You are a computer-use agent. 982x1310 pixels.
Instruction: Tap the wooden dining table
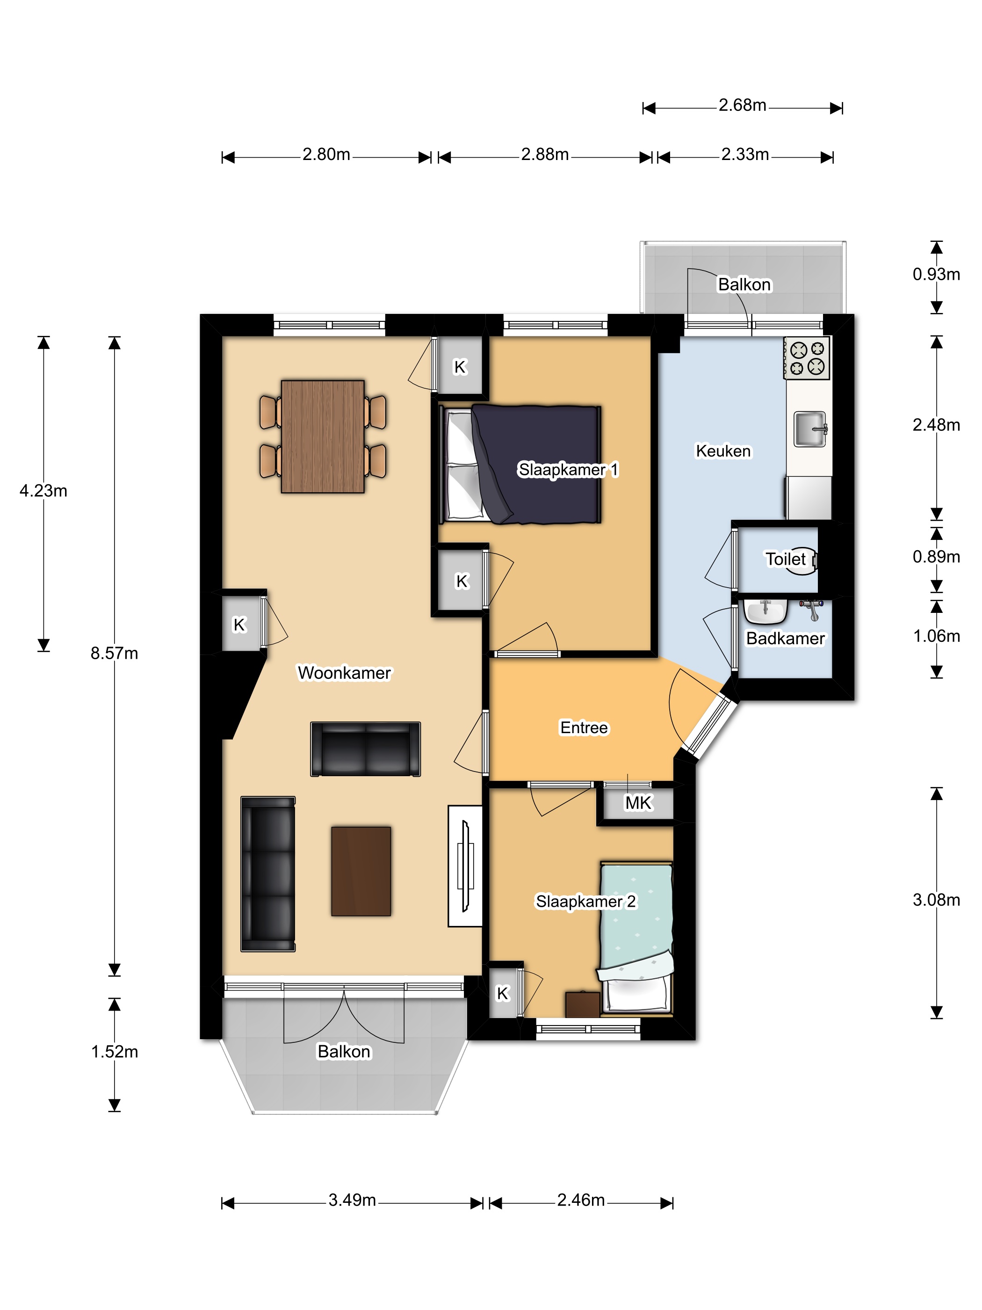point(323,437)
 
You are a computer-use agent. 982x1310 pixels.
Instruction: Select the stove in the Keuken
point(807,358)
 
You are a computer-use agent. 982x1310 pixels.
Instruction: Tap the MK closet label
point(638,802)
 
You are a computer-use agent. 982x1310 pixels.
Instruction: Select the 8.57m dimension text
point(114,653)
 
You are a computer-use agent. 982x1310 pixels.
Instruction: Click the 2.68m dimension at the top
point(742,105)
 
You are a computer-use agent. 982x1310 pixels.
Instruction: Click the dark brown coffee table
point(361,871)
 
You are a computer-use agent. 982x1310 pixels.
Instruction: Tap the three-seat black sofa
point(268,873)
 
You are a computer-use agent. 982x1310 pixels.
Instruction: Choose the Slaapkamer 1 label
point(568,470)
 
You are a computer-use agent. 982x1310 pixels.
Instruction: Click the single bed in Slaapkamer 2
point(636,938)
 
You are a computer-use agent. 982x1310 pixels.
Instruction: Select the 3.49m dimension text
point(352,1200)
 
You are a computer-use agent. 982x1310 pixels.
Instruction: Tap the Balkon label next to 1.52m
point(344,1051)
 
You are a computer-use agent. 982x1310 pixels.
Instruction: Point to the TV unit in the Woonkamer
point(465,865)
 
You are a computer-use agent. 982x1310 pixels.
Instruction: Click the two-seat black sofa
point(366,749)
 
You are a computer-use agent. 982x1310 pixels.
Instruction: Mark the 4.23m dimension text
point(43,490)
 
